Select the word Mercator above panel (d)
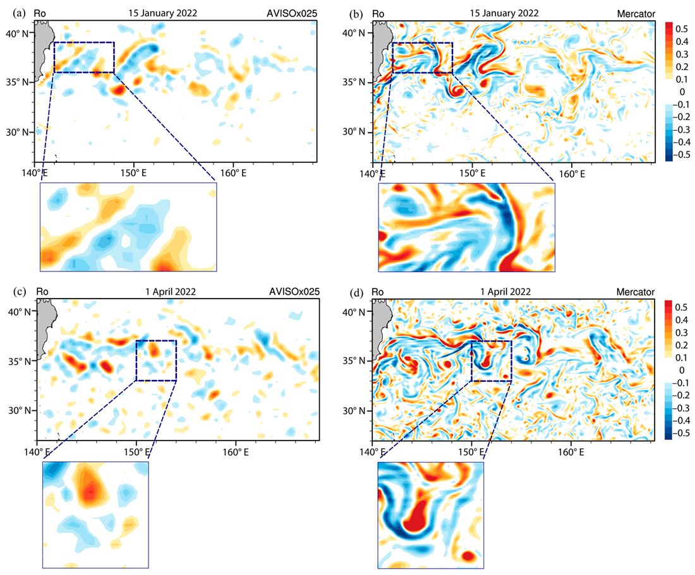pyautogui.click(x=638, y=292)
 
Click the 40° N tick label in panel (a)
pyautogui.click(x=20, y=32)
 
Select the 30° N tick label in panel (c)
pyautogui.click(x=20, y=410)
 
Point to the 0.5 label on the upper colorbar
pyautogui.click(x=682, y=29)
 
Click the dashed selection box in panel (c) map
pyautogui.click(x=156, y=341)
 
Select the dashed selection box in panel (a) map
pyautogui.click(x=84, y=43)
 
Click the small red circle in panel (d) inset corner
pyautogui.click(x=468, y=556)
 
